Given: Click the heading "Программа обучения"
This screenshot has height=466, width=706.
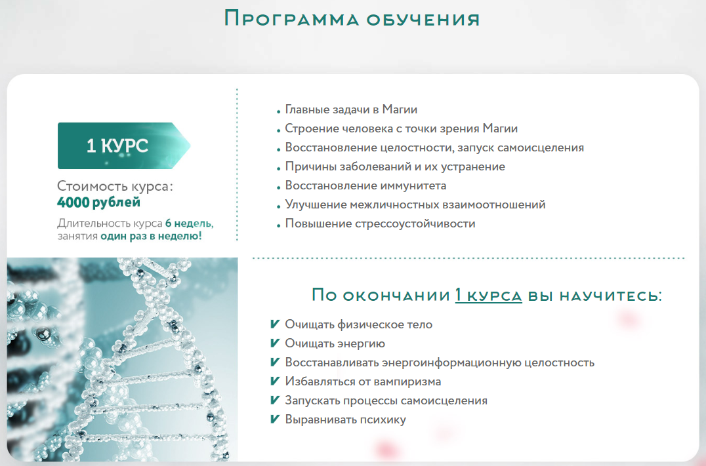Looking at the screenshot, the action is pos(352,19).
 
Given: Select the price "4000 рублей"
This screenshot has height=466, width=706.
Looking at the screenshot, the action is pos(98,203).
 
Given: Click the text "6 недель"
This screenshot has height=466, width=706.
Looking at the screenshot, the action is pos(189,223).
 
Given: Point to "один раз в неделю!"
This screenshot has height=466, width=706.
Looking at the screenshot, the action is pos(151,236).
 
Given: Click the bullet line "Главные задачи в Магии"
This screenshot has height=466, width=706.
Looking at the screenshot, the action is pos(351,109).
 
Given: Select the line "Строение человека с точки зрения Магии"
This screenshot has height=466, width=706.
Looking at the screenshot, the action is pos(401,128).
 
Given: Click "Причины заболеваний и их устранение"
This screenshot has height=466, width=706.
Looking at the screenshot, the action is pos(395,167).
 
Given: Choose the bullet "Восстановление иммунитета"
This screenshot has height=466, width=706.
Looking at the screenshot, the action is pos(365,185).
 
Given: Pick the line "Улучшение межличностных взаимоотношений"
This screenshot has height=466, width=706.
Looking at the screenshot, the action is pos(415,204).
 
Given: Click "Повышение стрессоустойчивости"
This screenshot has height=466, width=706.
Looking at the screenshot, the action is pos(380,223).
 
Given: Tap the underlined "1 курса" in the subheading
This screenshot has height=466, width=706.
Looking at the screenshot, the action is pos(489,295).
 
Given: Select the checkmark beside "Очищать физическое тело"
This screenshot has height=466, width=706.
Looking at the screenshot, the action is pos(275,324).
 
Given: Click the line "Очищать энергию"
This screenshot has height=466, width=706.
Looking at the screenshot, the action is pos(335,343).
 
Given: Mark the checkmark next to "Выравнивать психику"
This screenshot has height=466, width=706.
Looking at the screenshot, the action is pos(275,419).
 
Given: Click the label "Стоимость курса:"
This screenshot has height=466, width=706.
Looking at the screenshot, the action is pos(115,185).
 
